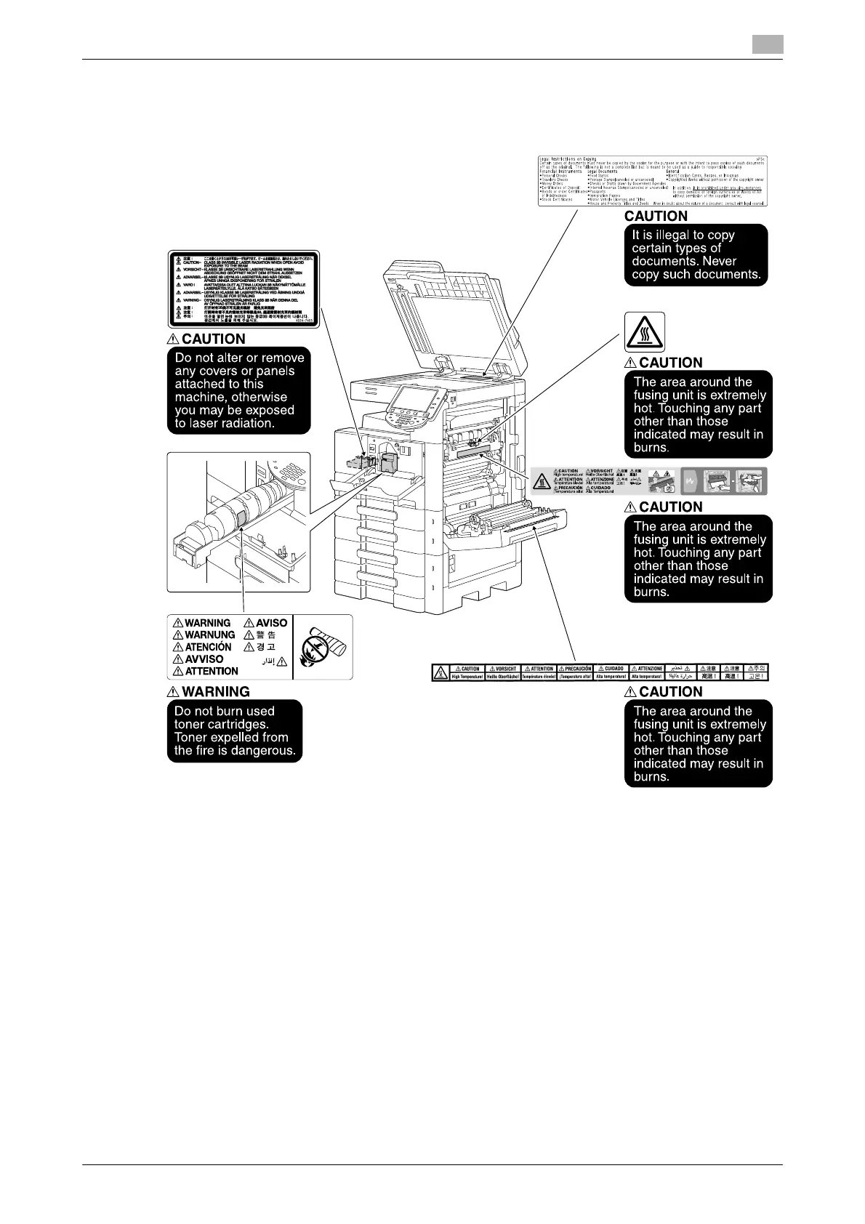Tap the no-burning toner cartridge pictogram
pyautogui.click(x=323, y=646)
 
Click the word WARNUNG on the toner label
pyautogui.click(x=209, y=635)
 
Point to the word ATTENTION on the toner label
pyautogui.click(x=212, y=672)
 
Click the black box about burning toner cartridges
pyautogui.click(x=234, y=731)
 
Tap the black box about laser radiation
pyautogui.click(x=239, y=391)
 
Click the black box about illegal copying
pyautogui.click(x=696, y=254)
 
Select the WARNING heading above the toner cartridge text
pyautogui.click(x=216, y=692)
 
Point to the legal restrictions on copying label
pyautogui.click(x=652, y=180)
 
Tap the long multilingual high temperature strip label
pyautogui.click(x=600, y=672)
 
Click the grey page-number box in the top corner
pyautogui.click(x=767, y=44)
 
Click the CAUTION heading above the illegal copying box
pyautogui.click(x=656, y=216)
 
